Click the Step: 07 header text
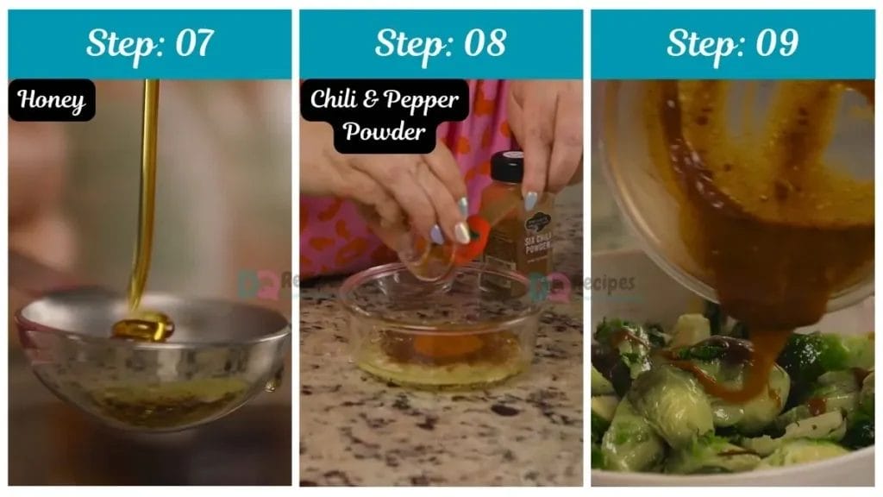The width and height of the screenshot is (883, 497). coord(150,43)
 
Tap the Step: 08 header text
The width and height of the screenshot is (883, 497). coord(441,43)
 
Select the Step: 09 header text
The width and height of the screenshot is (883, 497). coord(732,43)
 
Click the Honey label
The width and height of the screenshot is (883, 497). coord(52,100)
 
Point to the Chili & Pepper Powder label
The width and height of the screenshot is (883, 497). coord(385,116)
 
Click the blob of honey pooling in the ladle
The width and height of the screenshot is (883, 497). coord(143,327)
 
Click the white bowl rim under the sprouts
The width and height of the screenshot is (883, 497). coord(733,475)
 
